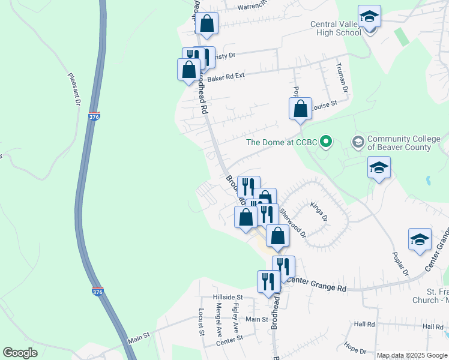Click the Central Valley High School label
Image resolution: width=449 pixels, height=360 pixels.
point(344,28)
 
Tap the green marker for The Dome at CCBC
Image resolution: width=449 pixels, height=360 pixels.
point(326,142)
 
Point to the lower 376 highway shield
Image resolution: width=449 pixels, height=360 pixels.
point(97,292)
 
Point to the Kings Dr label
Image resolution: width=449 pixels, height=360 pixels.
point(319,211)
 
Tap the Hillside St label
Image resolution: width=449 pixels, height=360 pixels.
point(227,297)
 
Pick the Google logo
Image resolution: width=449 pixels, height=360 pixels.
point(20,353)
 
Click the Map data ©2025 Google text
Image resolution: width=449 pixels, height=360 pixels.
point(411,355)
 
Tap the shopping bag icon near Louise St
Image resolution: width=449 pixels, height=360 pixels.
point(301,109)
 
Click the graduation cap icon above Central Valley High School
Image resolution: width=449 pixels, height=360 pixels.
point(369,16)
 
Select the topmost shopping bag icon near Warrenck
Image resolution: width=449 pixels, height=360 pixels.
point(206,24)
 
